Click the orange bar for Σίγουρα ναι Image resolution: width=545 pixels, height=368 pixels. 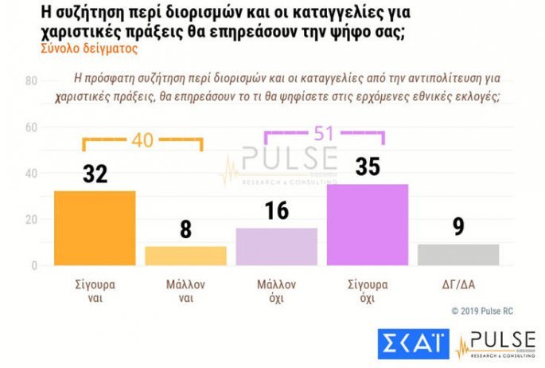pyautogui.click(x=95, y=228)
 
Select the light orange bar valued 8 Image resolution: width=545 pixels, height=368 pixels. pyautogui.click(x=185, y=256)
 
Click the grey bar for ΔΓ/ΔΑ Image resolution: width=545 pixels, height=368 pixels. pyautogui.click(x=458, y=254)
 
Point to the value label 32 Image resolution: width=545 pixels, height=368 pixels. pyautogui.click(x=95, y=175)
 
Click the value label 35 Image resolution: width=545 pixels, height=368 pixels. pyautogui.click(x=368, y=168)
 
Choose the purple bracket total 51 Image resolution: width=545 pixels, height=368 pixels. pyautogui.click(x=324, y=133)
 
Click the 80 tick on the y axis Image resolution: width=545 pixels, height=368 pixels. pyautogui.click(x=32, y=81)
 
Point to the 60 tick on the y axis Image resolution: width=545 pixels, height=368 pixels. pyautogui.click(x=32, y=127)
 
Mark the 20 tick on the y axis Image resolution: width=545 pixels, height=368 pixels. pyautogui.click(x=32, y=219)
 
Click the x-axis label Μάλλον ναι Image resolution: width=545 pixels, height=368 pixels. pyautogui.click(x=185, y=290)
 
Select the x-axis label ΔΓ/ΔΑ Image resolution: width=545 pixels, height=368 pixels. pyautogui.click(x=458, y=284)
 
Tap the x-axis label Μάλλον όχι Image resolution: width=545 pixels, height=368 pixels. pyautogui.click(x=276, y=290)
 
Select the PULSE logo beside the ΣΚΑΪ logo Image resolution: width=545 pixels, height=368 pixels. pyautogui.click(x=495, y=343)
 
